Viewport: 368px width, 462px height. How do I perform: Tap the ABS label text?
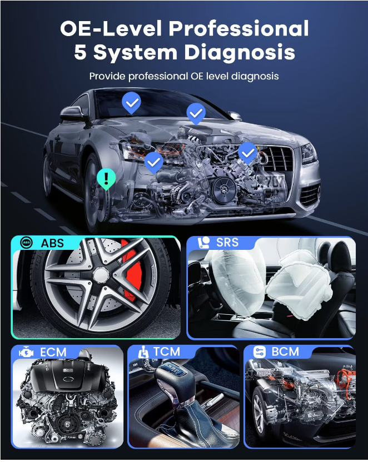(x=52, y=243)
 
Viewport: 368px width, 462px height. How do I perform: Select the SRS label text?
(x=227, y=242)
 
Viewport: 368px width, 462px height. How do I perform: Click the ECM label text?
(x=53, y=353)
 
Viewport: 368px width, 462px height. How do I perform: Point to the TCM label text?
(x=166, y=351)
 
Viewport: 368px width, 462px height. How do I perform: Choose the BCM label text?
(x=285, y=351)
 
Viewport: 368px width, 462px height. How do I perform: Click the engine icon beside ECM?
(x=26, y=353)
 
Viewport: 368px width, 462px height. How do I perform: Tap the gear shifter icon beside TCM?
(x=143, y=352)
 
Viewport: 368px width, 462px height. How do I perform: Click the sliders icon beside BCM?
(x=260, y=352)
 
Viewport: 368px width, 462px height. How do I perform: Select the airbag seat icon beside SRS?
(x=203, y=243)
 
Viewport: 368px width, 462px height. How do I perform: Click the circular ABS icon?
(x=26, y=243)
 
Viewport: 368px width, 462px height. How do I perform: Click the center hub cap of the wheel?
(x=101, y=275)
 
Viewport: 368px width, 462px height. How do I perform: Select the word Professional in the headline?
(x=238, y=29)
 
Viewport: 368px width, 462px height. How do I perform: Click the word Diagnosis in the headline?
(x=240, y=52)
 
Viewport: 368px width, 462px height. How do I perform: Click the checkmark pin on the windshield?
(x=132, y=102)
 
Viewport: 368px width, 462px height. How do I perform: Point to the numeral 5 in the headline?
(x=80, y=52)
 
